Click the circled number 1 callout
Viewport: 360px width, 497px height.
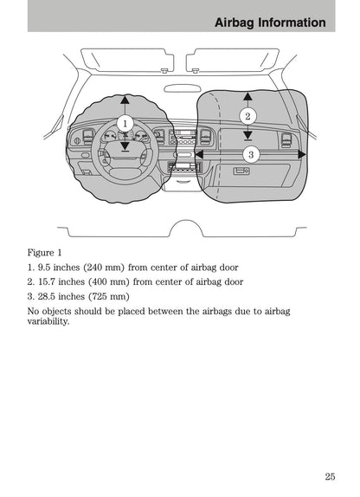tap(124, 124)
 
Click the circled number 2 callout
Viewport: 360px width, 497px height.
tap(247, 115)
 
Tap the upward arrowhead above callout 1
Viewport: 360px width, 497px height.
tap(124, 99)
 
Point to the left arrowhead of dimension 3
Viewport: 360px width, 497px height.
tap(199, 155)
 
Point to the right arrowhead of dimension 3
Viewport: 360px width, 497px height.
tap(301, 155)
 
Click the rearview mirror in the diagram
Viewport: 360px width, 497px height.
tap(183, 87)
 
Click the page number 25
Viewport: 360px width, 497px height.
tap(331, 476)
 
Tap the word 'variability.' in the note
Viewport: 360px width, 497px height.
tap(48, 320)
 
